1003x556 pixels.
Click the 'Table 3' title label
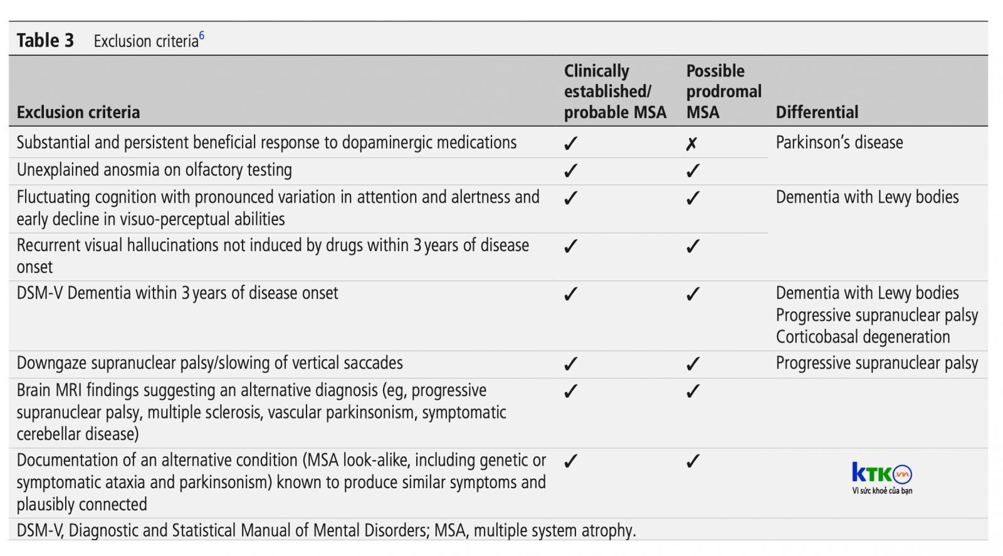click(45, 40)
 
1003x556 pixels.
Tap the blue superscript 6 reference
click(202, 35)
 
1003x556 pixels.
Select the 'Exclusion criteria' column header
click(78, 112)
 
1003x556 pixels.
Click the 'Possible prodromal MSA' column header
click(723, 92)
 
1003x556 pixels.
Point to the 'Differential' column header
click(817, 112)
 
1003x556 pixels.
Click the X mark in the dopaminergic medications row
click(692, 144)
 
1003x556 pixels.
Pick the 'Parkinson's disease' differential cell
click(839, 142)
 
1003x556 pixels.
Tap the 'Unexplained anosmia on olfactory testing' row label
click(154, 170)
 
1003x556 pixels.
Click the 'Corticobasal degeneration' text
click(863, 337)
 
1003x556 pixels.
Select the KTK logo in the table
click(881, 478)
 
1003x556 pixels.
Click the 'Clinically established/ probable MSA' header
click(615, 92)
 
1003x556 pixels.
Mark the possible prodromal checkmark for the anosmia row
click(693, 171)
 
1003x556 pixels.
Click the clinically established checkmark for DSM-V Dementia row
click(570, 294)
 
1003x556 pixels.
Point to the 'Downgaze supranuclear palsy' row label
click(209, 363)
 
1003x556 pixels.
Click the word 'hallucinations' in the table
click(174, 245)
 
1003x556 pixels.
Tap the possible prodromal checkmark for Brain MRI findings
click(693, 392)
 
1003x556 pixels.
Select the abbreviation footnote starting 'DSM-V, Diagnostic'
click(326, 530)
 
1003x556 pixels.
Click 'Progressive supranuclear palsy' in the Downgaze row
click(877, 363)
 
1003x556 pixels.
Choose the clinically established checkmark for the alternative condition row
click(570, 461)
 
